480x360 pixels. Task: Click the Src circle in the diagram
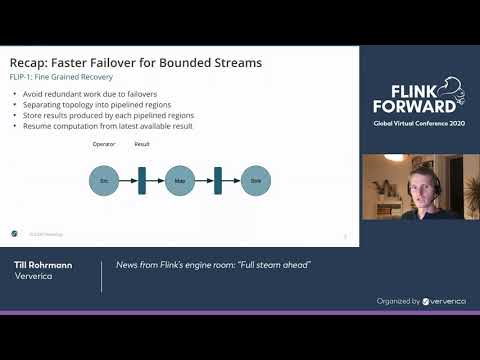(103, 180)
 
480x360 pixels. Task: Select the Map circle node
(179, 180)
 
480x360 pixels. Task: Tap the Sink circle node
(255, 180)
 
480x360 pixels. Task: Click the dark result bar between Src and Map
(141, 180)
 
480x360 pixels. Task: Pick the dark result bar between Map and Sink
(217, 180)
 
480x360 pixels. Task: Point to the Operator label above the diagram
(104, 144)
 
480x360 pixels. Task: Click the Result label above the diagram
(141, 144)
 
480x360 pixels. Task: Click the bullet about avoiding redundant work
(92, 94)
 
